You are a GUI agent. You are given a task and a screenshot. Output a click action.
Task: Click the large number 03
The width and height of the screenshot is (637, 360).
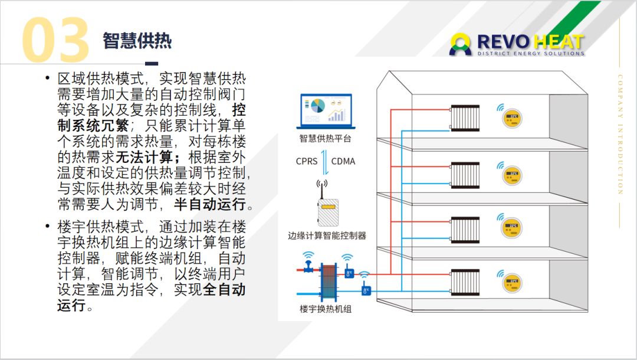point(56,40)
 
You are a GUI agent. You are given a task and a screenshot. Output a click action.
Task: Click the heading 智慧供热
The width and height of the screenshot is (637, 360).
point(137,40)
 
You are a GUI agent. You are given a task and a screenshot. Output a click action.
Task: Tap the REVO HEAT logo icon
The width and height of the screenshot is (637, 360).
point(461,44)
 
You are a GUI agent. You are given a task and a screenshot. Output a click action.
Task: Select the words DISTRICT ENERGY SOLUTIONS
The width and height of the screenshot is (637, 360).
point(531,54)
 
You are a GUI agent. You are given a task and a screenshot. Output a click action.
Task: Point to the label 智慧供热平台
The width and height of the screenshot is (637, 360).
point(325,139)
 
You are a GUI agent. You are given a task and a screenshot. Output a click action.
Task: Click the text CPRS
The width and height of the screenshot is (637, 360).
point(307,161)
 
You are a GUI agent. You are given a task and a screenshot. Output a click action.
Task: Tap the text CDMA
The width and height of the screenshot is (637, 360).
point(343,161)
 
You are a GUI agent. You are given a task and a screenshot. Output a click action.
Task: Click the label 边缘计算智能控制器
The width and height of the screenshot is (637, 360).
point(327,235)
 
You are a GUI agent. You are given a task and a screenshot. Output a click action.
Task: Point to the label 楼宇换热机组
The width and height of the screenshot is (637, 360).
point(325,309)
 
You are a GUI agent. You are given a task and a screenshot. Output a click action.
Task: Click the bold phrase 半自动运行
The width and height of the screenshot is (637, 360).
point(209,205)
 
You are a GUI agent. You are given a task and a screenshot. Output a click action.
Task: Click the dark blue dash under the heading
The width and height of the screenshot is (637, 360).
point(152,64)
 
